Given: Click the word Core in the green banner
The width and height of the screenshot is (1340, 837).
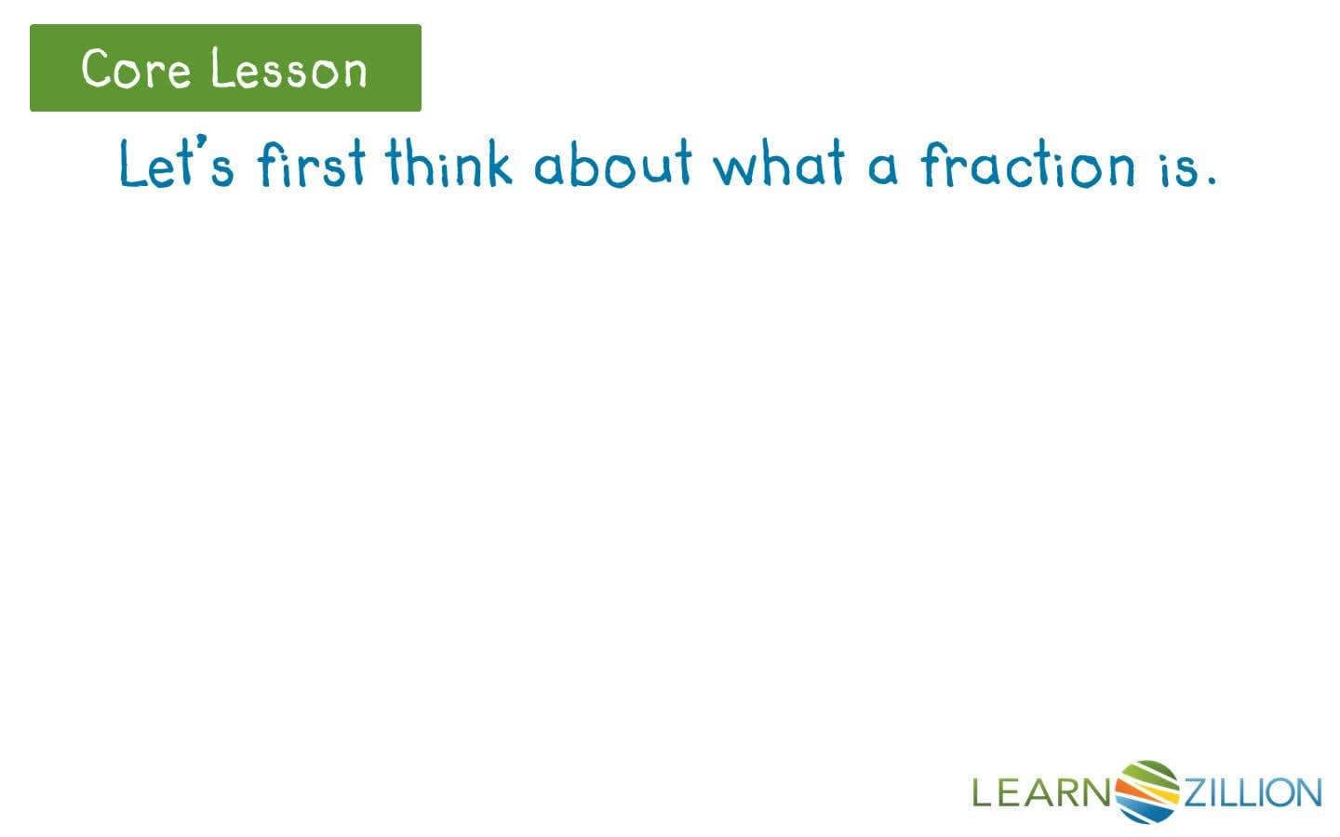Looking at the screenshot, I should [x=135, y=70].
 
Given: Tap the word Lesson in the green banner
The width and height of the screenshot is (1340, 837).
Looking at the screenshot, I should [x=288, y=70].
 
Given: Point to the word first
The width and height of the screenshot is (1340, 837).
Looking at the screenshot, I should [x=312, y=166].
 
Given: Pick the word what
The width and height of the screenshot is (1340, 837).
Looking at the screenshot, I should [x=780, y=164].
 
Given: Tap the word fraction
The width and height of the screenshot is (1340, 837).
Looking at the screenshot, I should [x=1028, y=166].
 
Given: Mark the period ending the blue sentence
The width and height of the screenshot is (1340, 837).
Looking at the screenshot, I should [x=1211, y=181].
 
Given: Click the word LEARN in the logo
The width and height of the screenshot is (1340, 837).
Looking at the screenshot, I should [x=1042, y=793].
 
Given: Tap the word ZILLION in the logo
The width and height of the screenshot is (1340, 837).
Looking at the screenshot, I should [x=1252, y=793].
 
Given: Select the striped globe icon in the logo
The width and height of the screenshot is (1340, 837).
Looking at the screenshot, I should [x=1147, y=791].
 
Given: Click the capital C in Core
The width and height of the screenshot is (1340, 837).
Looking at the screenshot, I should [x=97, y=69].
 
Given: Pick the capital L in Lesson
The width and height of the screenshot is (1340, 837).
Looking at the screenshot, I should [x=220, y=70].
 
